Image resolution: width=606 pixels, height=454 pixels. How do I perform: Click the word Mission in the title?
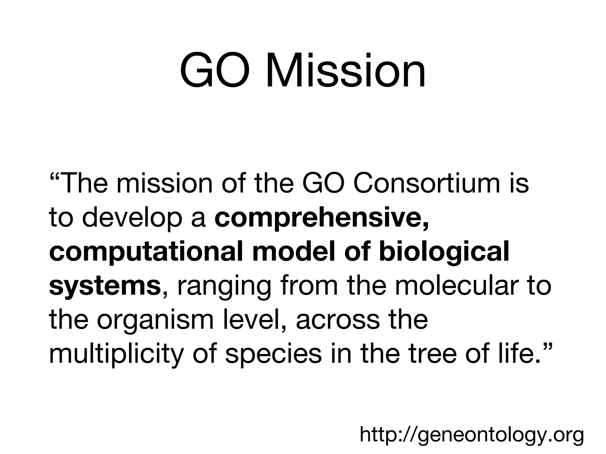click(x=346, y=71)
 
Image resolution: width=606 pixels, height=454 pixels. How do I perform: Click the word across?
click(x=338, y=321)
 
